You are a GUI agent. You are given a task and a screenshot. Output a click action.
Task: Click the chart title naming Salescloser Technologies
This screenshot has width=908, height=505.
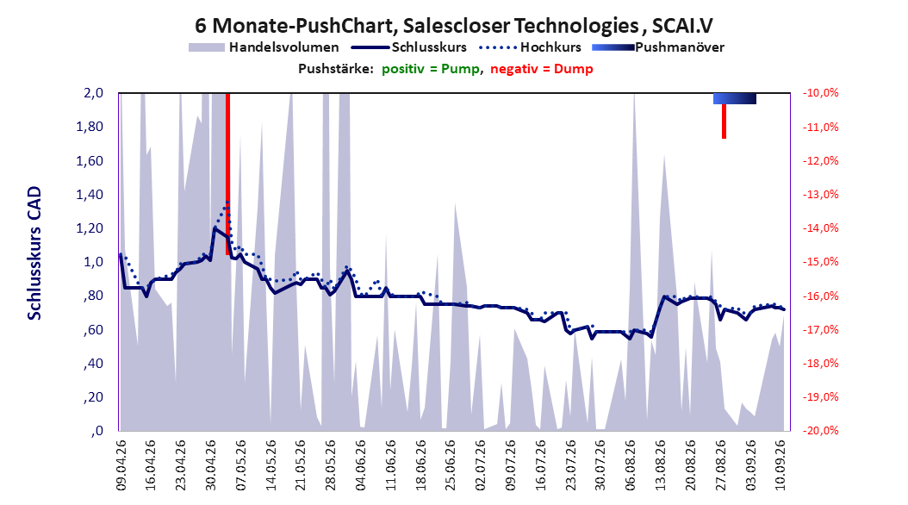(454, 26)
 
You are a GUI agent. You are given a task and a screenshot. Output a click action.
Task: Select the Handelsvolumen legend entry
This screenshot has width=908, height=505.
(264, 47)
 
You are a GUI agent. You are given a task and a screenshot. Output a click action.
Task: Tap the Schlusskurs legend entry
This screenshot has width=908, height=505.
(409, 47)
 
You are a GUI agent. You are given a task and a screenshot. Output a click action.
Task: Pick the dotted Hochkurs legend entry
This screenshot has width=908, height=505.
(530, 47)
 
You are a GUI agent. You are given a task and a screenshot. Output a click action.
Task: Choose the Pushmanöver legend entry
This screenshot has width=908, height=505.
(658, 47)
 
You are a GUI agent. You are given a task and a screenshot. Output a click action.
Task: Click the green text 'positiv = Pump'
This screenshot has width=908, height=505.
(431, 69)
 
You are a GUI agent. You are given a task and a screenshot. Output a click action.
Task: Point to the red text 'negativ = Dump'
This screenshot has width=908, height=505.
(542, 69)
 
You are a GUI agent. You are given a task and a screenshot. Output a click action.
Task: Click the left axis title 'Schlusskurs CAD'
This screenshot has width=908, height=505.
(34, 253)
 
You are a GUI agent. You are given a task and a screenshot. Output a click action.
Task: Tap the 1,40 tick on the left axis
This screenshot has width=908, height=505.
(90, 195)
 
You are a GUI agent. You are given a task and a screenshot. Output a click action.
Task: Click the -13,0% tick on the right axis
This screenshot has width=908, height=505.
(820, 195)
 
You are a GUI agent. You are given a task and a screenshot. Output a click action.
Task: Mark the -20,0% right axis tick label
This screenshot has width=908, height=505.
(820, 431)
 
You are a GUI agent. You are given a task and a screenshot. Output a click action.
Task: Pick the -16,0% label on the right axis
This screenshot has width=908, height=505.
(820, 296)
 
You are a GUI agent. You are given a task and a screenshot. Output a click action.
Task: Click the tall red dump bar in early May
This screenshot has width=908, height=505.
(227, 174)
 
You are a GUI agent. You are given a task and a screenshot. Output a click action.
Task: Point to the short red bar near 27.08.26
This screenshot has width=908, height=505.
(724, 121)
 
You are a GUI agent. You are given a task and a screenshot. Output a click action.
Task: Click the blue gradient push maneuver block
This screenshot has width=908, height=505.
(735, 98)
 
